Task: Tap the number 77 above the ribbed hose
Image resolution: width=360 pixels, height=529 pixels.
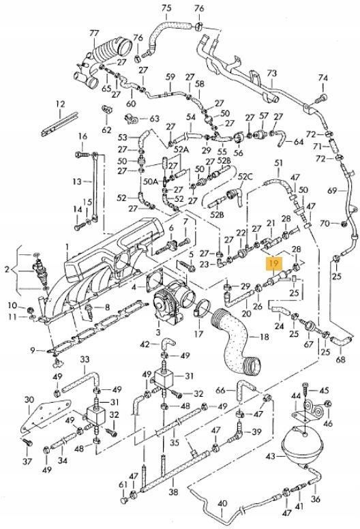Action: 94,33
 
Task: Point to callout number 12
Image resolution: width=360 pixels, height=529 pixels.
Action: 61,104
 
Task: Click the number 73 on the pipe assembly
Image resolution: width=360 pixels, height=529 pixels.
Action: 271,73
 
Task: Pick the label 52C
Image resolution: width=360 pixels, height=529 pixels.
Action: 245,177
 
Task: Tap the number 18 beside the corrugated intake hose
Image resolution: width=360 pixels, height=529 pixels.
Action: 265,336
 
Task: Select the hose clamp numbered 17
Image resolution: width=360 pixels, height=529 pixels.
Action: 202,307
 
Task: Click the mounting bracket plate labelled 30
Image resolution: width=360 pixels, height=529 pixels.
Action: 46,416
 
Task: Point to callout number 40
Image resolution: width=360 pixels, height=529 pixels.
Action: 222,504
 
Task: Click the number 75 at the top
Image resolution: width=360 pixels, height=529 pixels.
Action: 166,7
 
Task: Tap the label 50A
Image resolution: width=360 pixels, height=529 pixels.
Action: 151,181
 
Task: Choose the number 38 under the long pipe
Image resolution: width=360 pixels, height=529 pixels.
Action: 173,492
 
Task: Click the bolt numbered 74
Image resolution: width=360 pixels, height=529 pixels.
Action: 321,99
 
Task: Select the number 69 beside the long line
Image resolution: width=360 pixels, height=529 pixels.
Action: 332,191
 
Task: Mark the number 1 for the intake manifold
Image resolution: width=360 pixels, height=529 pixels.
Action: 66,247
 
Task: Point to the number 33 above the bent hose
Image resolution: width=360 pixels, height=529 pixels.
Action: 85,360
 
